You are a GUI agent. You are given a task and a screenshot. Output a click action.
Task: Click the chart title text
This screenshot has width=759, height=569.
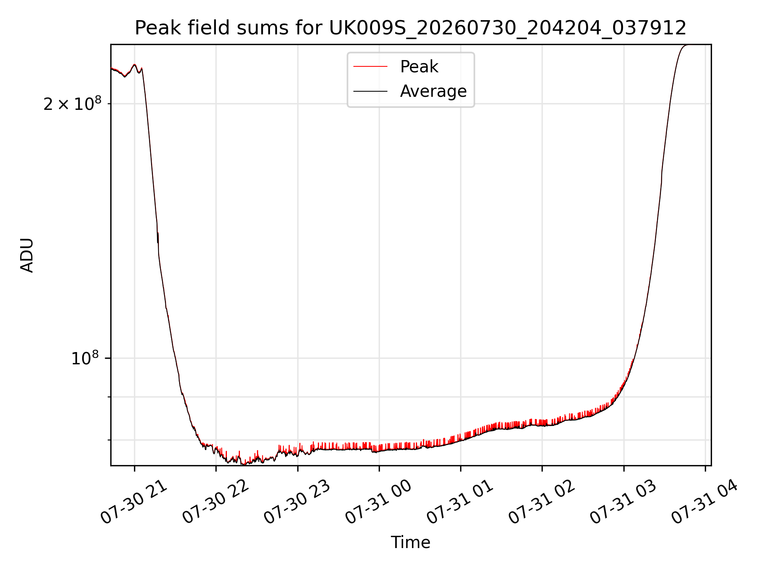[410, 28]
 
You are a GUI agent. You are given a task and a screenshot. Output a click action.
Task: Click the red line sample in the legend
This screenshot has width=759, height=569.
[370, 67]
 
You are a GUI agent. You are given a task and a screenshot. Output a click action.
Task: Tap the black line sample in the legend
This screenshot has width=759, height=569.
[370, 91]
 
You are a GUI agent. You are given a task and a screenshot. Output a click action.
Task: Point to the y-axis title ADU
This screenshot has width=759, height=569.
[27, 255]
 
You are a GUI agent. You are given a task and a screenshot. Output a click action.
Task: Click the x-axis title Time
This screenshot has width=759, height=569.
[410, 543]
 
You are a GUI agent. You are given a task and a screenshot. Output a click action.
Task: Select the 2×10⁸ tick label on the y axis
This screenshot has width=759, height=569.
[72, 104]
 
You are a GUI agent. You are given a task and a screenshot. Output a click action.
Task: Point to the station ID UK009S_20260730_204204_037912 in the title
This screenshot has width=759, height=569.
[508, 28]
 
